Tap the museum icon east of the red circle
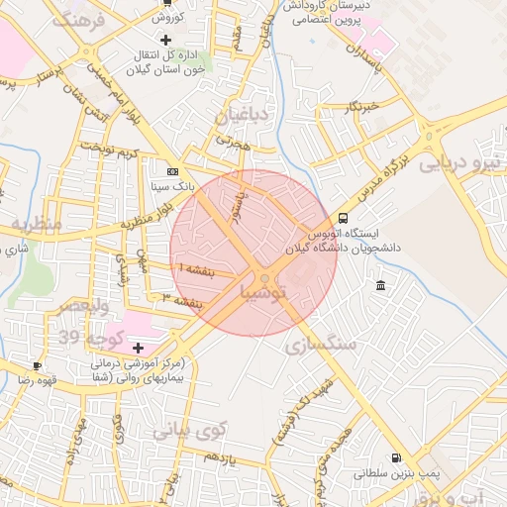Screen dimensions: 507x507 point(381,286)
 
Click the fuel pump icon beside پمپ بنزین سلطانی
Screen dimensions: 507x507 point(397,458)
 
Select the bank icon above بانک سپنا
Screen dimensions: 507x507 point(173,170)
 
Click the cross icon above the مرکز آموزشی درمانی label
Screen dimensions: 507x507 point(138,348)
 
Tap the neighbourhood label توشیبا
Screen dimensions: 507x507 point(263,292)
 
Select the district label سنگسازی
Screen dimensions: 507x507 point(321,345)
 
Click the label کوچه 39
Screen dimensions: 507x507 point(90,339)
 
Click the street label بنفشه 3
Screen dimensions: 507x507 point(182,300)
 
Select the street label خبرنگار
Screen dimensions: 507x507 point(363,107)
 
